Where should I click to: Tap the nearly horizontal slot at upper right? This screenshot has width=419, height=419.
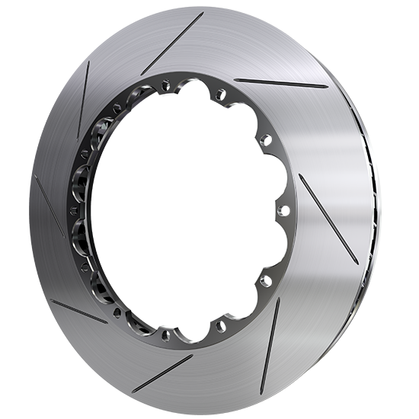(x=281, y=83)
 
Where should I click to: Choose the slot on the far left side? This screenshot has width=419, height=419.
(x=49, y=205)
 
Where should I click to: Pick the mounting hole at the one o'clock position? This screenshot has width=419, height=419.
(x=221, y=94)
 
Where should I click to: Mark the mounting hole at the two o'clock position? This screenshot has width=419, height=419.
(x=266, y=139)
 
